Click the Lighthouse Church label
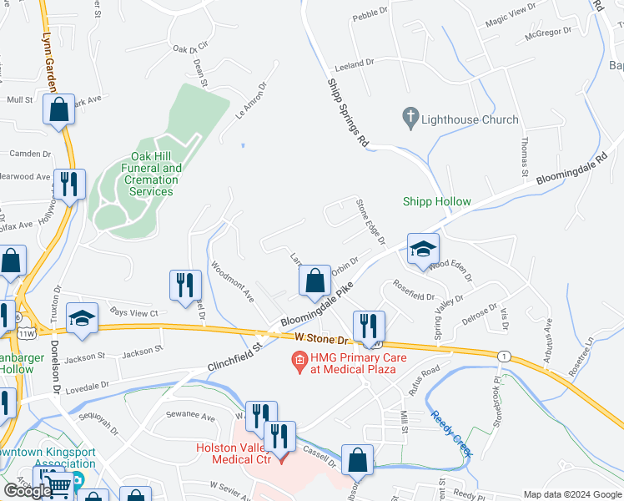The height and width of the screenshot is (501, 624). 471,119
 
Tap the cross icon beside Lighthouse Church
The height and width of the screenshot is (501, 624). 410,119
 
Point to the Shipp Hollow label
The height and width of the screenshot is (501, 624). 437,201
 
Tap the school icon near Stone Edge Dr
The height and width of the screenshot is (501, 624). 423,249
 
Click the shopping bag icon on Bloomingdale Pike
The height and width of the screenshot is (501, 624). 315,281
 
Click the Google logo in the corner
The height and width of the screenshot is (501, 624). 28,491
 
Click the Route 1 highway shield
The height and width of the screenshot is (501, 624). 503,356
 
